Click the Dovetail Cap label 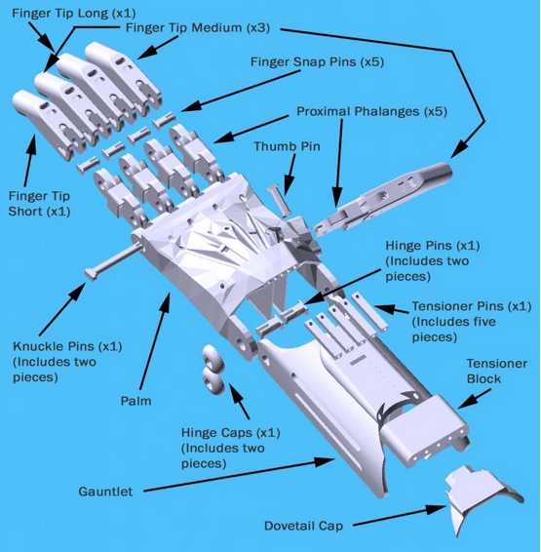[x=303, y=526]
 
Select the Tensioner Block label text [x=497, y=371]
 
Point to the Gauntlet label [x=105, y=492]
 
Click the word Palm [x=135, y=401]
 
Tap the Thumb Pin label [x=287, y=146]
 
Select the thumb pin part [x=279, y=201]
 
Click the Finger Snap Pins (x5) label [x=317, y=62]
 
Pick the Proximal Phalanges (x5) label [x=371, y=111]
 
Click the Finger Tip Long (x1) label [x=74, y=14]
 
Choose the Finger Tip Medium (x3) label [x=198, y=28]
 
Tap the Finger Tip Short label [x=39, y=204]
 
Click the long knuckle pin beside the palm [x=114, y=259]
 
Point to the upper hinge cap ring [x=213, y=358]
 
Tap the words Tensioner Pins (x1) [x=472, y=306]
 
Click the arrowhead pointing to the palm [x=166, y=301]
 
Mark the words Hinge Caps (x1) [x=230, y=433]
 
